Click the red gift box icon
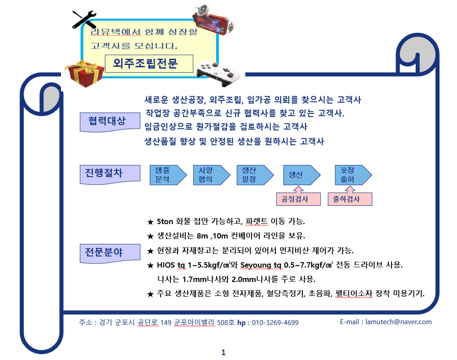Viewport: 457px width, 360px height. tap(80, 74)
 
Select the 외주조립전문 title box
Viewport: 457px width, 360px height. tap(148, 64)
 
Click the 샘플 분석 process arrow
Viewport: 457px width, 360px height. tap(166, 175)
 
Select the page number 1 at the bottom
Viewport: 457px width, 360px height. tap(223, 352)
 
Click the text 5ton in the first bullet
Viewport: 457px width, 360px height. tap(166, 221)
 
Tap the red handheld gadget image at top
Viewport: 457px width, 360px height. tap(215, 20)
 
